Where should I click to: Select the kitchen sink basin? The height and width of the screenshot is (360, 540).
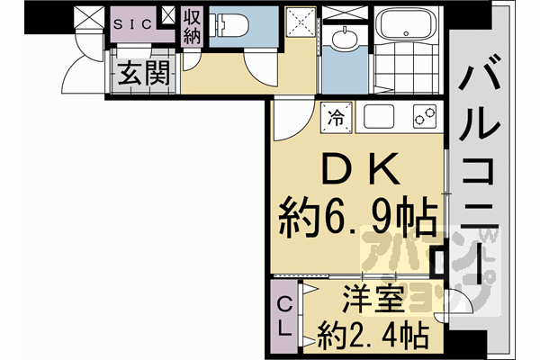coord(379,116)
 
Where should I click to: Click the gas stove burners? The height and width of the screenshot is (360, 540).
coord(425,116)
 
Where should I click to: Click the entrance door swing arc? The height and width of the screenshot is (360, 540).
coord(90,63)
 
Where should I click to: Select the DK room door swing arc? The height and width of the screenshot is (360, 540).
coord(290,121)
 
